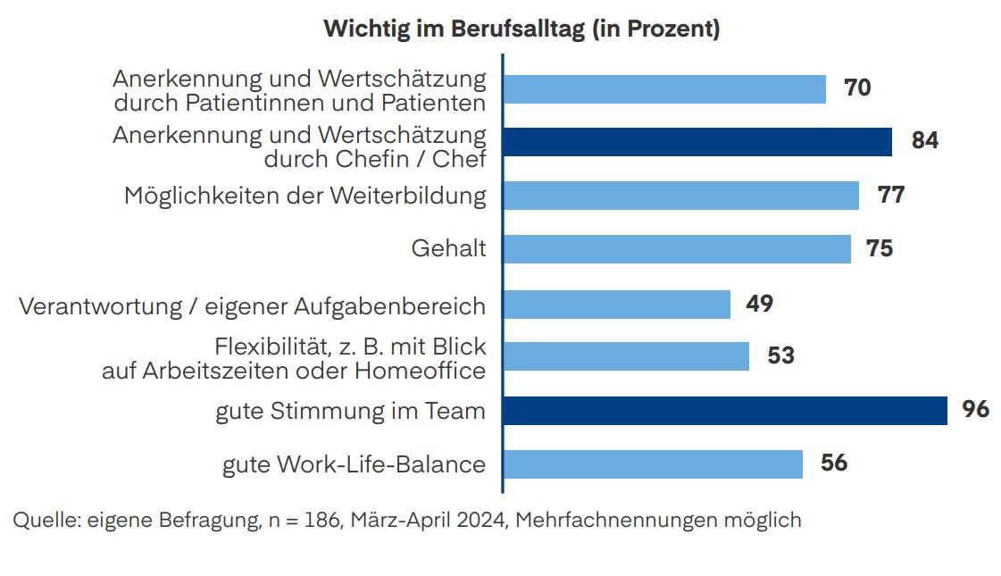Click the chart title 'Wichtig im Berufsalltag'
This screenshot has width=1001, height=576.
(521, 29)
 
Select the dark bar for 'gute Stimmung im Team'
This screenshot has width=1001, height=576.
(724, 410)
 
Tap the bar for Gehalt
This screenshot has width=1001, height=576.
(676, 248)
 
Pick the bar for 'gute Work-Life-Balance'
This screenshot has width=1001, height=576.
(652, 463)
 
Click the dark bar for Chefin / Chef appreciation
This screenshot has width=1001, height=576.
(697, 141)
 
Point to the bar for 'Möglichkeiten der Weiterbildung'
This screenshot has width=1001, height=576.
(680, 195)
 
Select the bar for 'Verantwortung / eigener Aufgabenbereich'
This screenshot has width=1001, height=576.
(616, 304)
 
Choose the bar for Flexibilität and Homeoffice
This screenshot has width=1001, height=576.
(625, 356)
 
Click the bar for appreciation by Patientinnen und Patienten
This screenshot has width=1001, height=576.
(663, 88)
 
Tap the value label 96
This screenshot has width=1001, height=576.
(976, 409)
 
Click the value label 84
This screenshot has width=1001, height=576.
(924, 141)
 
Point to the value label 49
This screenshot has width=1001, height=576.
(759, 304)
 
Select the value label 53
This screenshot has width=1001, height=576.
(780, 355)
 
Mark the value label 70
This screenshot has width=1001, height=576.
(857, 88)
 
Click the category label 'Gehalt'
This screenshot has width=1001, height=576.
(448, 248)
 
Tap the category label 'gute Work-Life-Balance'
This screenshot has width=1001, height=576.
(354, 464)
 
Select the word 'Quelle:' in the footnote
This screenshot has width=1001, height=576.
(46, 520)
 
